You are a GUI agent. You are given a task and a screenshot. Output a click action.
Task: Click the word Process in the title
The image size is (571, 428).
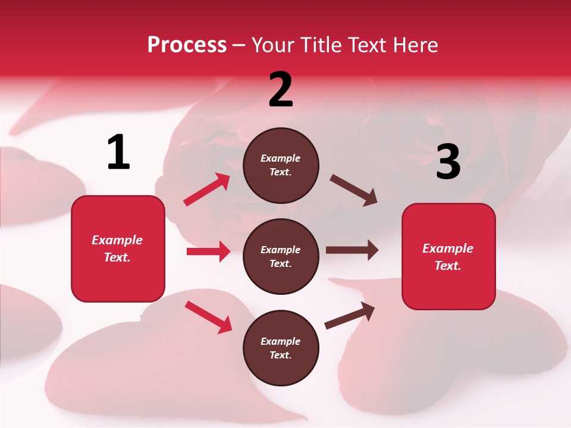pos(187,45)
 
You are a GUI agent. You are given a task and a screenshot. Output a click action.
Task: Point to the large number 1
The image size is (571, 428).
pos(118,152)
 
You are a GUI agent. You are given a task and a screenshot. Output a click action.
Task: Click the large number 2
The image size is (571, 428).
pos(281,90)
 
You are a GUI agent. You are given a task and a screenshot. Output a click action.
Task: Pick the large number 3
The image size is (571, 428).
pos(448,162)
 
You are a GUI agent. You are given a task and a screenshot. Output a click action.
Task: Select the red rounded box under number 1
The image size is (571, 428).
pos(118,248)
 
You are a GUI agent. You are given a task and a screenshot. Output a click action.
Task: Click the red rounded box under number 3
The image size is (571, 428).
pos(448,257)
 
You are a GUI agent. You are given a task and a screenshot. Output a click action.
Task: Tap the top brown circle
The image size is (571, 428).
pos(281,165)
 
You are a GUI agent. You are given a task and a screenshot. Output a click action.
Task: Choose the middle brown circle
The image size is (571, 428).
pos(281,257)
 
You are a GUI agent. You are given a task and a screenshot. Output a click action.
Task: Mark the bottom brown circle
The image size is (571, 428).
pos(281,348)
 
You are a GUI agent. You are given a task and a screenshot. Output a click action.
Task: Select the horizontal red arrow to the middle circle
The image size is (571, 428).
pos(208,251)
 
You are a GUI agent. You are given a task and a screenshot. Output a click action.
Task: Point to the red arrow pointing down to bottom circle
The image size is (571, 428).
pos(208,317)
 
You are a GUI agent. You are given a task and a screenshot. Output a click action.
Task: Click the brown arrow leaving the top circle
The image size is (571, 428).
pos(353,190)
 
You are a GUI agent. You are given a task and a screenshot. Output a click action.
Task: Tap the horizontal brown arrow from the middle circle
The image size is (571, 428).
pos(352,250)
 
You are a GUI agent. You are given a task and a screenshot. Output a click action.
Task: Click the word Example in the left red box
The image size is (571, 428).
pos(117,240)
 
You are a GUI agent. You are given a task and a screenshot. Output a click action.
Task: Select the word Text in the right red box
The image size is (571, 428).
pos(447,266)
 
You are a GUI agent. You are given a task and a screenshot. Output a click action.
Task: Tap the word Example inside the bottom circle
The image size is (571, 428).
pos(281,341)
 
